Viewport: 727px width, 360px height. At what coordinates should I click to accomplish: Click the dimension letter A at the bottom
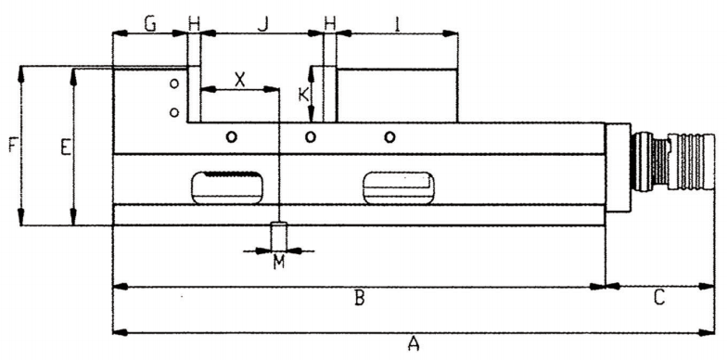coord(414,343)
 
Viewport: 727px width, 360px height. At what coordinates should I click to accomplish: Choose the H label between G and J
coord(194,23)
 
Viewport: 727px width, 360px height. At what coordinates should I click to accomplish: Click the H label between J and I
coord(329,23)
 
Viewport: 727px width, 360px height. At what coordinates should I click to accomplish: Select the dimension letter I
coord(398,23)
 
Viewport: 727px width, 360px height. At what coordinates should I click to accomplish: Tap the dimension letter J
coord(262,23)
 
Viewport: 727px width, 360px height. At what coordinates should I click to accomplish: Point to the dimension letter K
coord(302,94)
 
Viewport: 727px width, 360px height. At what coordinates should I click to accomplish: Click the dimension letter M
coord(278,263)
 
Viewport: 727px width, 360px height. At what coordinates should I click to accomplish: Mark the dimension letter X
coord(239,79)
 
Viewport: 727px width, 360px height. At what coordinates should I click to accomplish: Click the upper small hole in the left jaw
coord(174,84)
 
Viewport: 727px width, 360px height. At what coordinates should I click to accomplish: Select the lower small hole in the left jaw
coord(174,112)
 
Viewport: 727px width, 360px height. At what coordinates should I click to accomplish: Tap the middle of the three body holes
coord(311,137)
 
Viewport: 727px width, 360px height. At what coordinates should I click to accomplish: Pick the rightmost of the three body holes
coord(390,137)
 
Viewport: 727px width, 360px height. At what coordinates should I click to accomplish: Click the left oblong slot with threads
coord(225,186)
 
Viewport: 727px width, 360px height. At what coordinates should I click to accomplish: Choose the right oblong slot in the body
coord(399,186)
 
